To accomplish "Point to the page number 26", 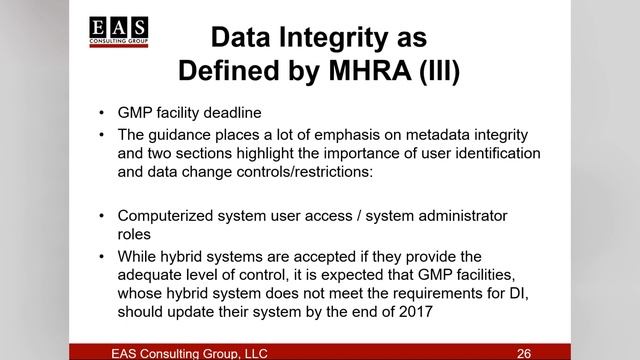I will [523, 353].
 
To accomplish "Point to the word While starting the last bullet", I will [140, 255].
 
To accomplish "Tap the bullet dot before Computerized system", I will [104, 215].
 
